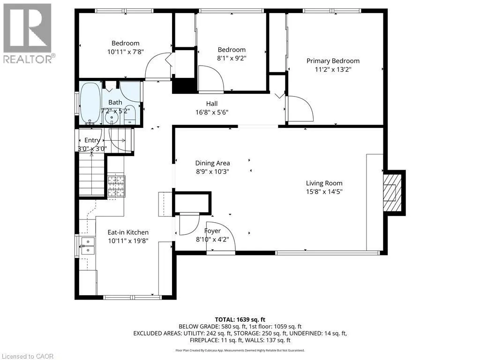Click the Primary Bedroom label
click(x=333, y=61)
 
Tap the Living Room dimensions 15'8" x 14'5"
click(x=324, y=192)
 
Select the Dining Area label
click(x=212, y=163)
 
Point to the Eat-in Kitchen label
click(x=128, y=232)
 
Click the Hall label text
click(x=212, y=104)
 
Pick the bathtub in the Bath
click(x=90, y=103)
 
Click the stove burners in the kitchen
click(x=116, y=186)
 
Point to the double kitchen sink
click(x=88, y=246)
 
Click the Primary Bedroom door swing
click(x=300, y=108)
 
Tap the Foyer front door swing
click(x=221, y=236)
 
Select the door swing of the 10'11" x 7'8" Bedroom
click(x=158, y=66)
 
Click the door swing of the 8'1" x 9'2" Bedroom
click(x=211, y=78)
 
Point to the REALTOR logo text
click(x=29, y=59)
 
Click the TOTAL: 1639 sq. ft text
click(x=240, y=320)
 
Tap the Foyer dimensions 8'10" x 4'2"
click(x=212, y=240)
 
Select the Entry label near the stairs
click(x=92, y=140)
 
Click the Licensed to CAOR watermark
click(x=27, y=356)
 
